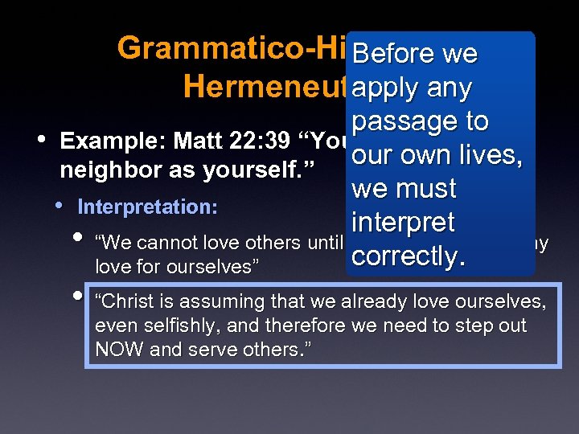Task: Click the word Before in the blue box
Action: pyautogui.click(x=394, y=54)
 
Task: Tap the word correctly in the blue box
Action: pyautogui.click(x=409, y=256)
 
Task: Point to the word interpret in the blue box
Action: pyautogui.click(x=404, y=223)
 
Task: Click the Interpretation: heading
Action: pyautogui.click(x=147, y=207)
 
